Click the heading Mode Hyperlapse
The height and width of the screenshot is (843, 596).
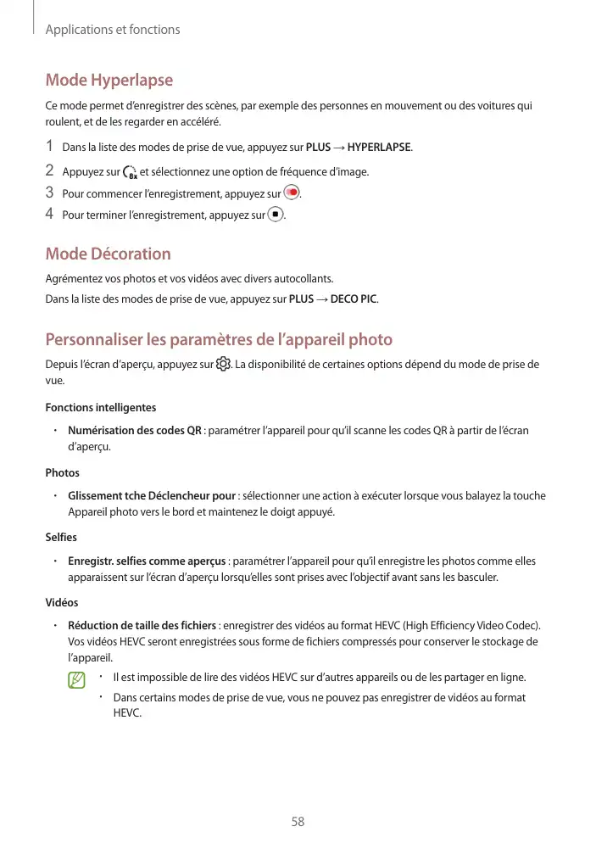click(x=109, y=81)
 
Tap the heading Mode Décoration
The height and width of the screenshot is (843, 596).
click(x=108, y=254)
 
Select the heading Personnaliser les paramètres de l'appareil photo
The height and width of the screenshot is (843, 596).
click(x=219, y=340)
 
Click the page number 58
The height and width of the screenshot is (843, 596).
click(x=298, y=822)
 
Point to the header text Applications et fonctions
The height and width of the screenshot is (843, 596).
click(x=113, y=30)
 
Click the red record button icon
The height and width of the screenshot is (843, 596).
click(x=292, y=193)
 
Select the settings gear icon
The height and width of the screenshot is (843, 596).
click(x=223, y=365)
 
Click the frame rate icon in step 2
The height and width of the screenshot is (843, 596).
click(x=131, y=173)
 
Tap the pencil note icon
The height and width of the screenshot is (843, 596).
click(x=77, y=680)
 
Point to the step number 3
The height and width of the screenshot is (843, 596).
click(x=50, y=193)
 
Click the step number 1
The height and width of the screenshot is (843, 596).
click(x=50, y=148)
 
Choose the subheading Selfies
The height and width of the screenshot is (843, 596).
click(x=61, y=538)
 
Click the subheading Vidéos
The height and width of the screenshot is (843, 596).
click(x=62, y=602)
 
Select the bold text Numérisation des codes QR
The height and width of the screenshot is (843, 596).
click(x=134, y=431)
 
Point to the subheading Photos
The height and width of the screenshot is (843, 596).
click(x=62, y=472)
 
